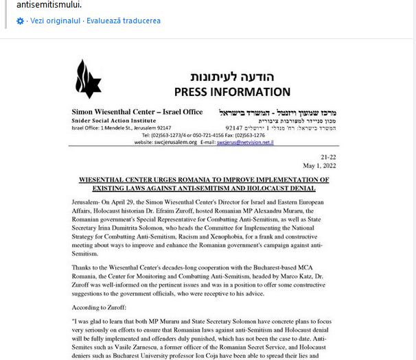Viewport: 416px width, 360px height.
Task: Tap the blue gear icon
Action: [x=20, y=21]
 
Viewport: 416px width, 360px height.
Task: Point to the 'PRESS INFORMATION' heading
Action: [x=232, y=92]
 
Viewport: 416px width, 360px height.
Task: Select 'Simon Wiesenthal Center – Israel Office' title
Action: [x=137, y=112]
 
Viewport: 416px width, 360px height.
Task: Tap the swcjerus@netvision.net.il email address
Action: [x=245, y=143]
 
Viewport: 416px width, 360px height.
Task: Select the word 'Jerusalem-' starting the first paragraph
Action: [x=89, y=204]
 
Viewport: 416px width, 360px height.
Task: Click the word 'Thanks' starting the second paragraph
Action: [x=82, y=261]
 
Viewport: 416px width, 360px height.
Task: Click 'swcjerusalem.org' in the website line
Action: [x=176, y=143]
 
